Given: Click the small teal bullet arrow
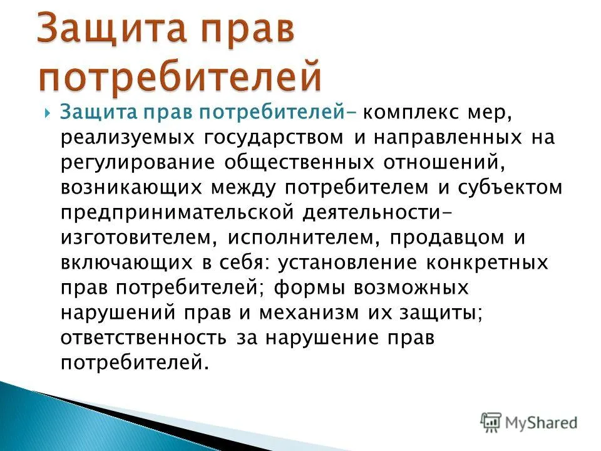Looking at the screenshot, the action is click(47, 113).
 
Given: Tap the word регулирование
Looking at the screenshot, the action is click(138, 163).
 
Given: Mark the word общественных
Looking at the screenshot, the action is click(299, 163).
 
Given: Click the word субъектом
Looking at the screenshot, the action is click(510, 188).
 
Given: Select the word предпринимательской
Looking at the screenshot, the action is click(177, 213).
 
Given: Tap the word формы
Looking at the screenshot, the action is click(309, 288).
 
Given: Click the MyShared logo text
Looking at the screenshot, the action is click(541, 423).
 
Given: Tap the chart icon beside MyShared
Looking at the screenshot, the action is click(491, 423).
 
